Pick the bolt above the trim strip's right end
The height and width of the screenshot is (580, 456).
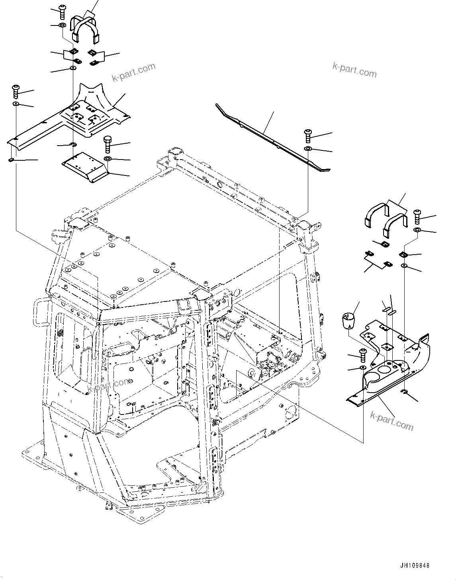pos(309,136)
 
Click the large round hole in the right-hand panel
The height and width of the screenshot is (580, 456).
pos(384,370)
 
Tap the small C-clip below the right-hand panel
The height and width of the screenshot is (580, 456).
pos(405,393)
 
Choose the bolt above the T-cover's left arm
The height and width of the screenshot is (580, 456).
pos(16,91)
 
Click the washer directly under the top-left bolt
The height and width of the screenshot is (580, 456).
pos(63,26)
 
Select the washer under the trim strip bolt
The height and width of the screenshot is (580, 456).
pos(309,149)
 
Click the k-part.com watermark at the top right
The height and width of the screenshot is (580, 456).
pos(354,70)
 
